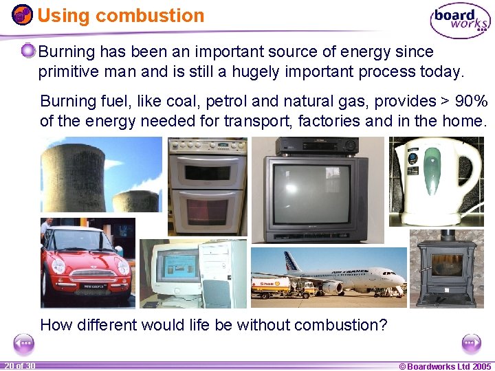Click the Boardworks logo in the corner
pyautogui.click(x=460, y=21)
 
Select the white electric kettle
pyautogui.click(x=433, y=181)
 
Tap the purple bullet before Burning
pyautogui.click(x=28, y=51)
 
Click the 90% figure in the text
pyautogui.click(x=470, y=102)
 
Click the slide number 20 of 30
pyautogui.click(x=19, y=366)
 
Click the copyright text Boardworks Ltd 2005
pyautogui.click(x=445, y=366)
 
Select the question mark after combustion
pyautogui.click(x=384, y=325)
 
